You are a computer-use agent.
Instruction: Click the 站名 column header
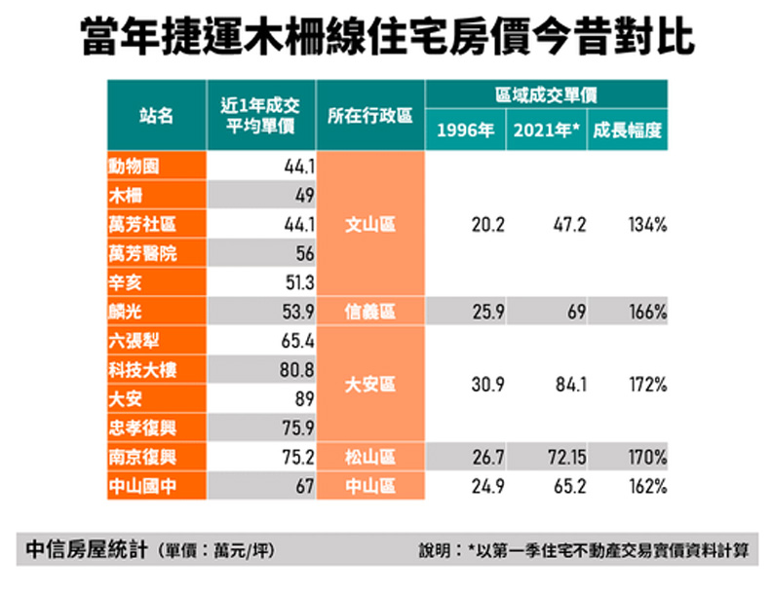coord(156,115)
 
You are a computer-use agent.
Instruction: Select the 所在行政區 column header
coord(370,115)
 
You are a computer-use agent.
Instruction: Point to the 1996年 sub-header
coord(465,132)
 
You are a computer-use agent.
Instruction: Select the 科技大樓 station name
coord(142,370)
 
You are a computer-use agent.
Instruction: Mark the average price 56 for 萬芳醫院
coord(304,253)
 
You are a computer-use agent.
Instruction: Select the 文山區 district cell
coord(370,224)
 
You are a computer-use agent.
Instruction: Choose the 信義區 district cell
coord(370,312)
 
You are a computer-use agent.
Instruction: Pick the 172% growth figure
coord(647,385)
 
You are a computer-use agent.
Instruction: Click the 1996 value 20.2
coord(486,224)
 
